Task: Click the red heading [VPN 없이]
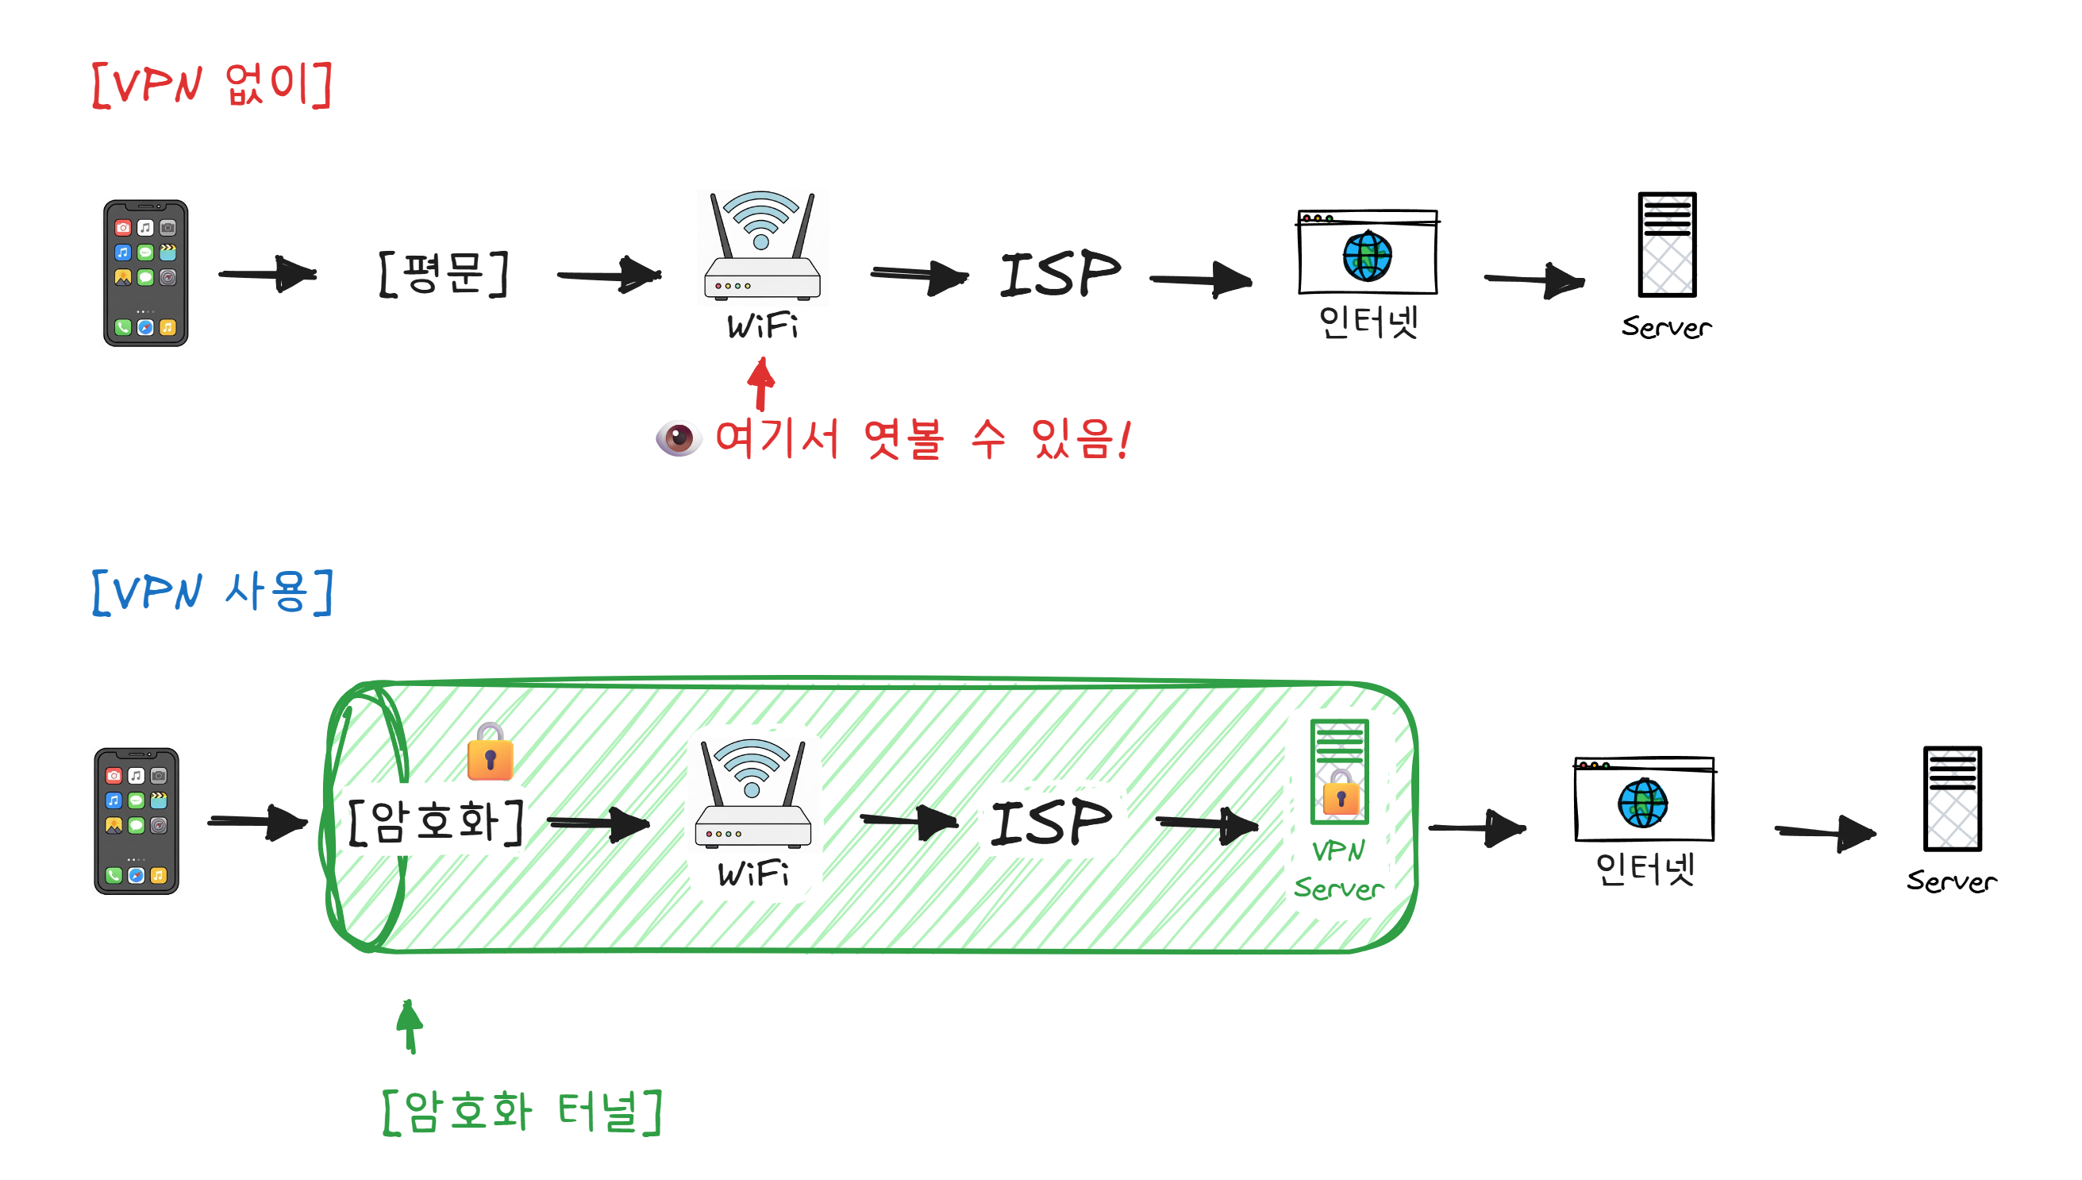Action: pyautogui.click(x=212, y=83)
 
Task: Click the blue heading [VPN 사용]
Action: pyautogui.click(x=212, y=592)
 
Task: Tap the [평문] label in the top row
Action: pyautogui.click(x=443, y=274)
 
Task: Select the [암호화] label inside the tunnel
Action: pyautogui.click(x=436, y=822)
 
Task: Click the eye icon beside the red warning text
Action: pyautogui.click(x=678, y=438)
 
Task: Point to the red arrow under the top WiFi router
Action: pyautogui.click(x=760, y=384)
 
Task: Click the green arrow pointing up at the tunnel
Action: pyautogui.click(x=410, y=1026)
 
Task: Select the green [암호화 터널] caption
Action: pyautogui.click(x=522, y=1111)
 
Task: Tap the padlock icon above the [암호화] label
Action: pyautogui.click(x=490, y=752)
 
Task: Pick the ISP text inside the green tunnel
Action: pyautogui.click(x=1051, y=822)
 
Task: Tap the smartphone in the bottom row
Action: pyautogui.click(x=136, y=820)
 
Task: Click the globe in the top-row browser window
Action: pyautogui.click(x=1367, y=256)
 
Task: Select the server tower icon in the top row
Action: pyautogui.click(x=1666, y=245)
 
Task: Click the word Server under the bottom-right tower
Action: pyautogui.click(x=1951, y=881)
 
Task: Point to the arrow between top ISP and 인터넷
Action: pyautogui.click(x=1202, y=280)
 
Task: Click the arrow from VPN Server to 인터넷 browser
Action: pyautogui.click(x=1477, y=827)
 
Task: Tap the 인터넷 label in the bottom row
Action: pyautogui.click(x=1645, y=868)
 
